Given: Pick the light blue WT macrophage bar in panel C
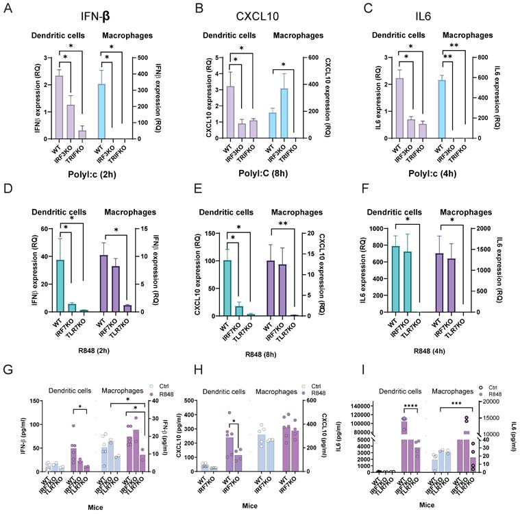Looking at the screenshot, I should coord(442,109).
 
